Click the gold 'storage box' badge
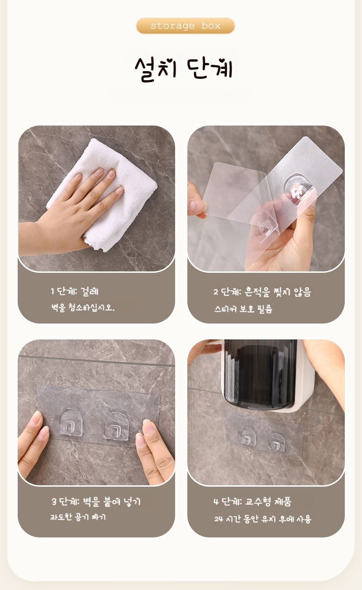pyautogui.click(x=185, y=26)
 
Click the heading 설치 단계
pyautogui.click(x=184, y=69)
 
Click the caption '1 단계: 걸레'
pyautogui.click(x=75, y=291)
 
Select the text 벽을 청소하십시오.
pyautogui.click(x=83, y=307)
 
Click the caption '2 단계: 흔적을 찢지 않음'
pyautogui.click(x=262, y=292)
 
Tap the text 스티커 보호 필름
pyautogui.click(x=243, y=309)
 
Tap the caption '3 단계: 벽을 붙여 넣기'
pyautogui.click(x=96, y=502)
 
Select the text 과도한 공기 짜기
pyautogui.click(x=78, y=517)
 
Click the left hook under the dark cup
pyautogui.click(x=248, y=437)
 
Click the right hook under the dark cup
pyautogui.click(x=276, y=442)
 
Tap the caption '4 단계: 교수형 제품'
pyautogui.click(x=252, y=502)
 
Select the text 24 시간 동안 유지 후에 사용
pyautogui.click(x=262, y=519)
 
